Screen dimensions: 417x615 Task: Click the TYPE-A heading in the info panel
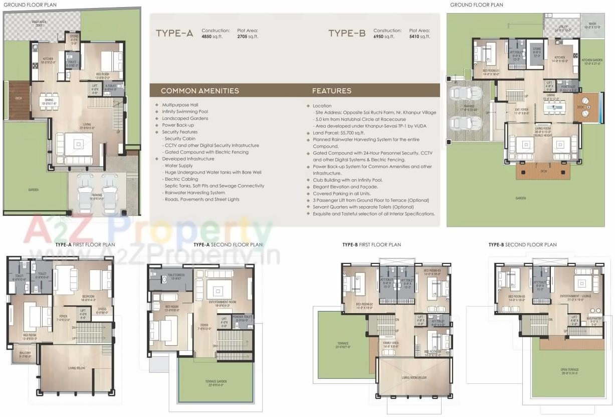[174, 34]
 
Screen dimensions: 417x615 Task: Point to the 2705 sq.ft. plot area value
[248, 37]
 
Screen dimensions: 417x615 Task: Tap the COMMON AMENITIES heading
[199, 91]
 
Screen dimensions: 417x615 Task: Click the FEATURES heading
[331, 91]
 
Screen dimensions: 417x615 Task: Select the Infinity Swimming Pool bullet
[184, 111]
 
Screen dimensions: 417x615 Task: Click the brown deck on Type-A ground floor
[19, 107]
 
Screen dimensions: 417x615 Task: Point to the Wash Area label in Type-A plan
[39, 23]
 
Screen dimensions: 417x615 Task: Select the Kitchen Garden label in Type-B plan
[591, 61]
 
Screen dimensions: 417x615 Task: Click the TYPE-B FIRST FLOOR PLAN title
[371, 245]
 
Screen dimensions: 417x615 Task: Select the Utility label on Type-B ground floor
[562, 28]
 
